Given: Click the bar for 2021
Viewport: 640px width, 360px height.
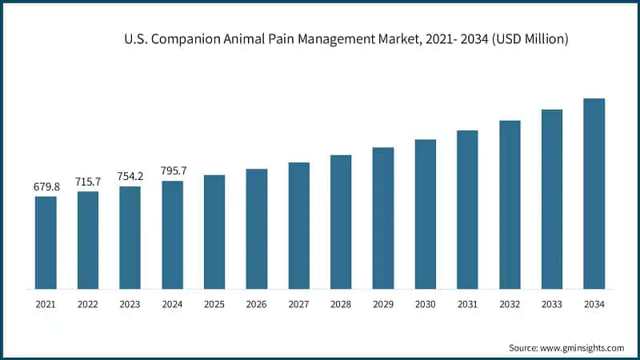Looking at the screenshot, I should (x=46, y=242).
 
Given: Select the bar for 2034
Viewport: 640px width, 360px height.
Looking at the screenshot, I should (x=594, y=193).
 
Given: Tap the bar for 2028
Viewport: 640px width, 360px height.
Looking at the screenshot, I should (x=341, y=221).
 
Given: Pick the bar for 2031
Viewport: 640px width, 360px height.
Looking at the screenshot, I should (x=467, y=209).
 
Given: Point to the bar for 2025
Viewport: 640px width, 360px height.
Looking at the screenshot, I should (x=214, y=231).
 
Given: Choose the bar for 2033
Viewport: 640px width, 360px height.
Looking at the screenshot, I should (x=552, y=198).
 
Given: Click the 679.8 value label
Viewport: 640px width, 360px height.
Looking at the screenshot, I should (x=46, y=186).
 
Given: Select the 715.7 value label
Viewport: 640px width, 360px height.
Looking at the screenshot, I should (x=88, y=182).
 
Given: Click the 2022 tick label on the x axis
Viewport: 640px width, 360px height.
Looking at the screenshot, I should (x=88, y=305).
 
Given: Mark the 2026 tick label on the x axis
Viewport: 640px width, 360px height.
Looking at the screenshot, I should (x=257, y=305).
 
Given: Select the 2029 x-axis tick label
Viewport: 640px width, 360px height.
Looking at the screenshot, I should (x=383, y=305).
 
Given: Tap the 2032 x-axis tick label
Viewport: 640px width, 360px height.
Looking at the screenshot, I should (x=510, y=305).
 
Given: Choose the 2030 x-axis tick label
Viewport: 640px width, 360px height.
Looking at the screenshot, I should (x=426, y=305).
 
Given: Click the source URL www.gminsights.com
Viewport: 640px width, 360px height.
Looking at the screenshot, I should (x=582, y=348).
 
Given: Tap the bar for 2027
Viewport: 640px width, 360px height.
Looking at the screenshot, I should (x=298, y=225).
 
